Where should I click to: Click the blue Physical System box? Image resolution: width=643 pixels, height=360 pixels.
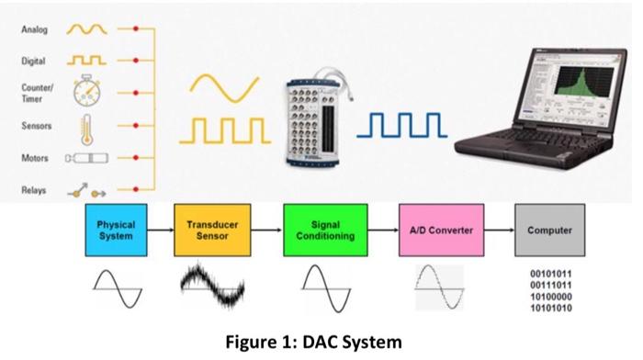click(x=116, y=231)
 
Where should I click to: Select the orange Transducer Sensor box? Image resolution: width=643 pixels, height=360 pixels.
click(x=212, y=231)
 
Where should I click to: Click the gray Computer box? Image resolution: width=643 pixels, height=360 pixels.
click(x=549, y=231)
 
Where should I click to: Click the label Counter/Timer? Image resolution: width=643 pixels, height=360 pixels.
click(x=35, y=90)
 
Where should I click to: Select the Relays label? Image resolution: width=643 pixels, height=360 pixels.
click(x=34, y=192)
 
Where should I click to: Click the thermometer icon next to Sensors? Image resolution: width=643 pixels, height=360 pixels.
click(x=86, y=125)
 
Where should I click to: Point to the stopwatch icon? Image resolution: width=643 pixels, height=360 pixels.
click(x=86, y=90)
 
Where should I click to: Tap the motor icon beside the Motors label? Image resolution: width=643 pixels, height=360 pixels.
click(x=85, y=158)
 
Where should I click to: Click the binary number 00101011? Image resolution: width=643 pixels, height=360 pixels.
click(x=549, y=274)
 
